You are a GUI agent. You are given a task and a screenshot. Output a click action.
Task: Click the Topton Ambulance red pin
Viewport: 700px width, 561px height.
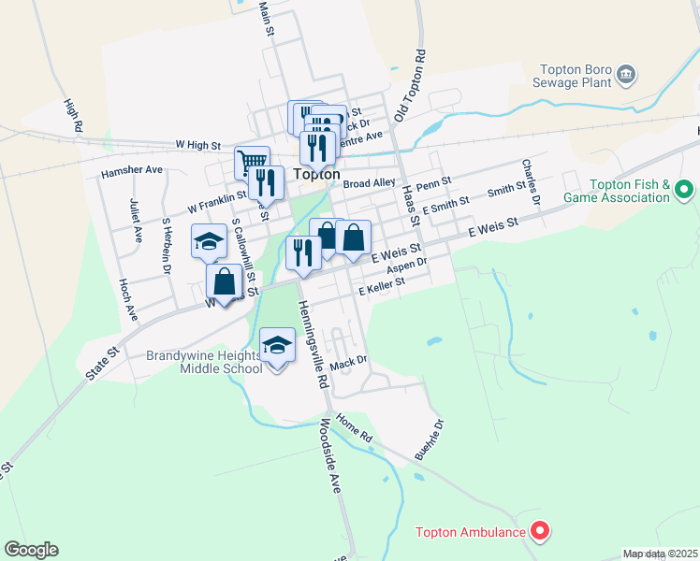[539, 532]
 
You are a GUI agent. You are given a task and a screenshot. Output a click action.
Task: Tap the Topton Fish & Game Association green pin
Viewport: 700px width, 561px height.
[684, 191]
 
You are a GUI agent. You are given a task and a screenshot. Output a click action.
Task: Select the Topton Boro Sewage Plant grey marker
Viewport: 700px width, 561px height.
[627, 74]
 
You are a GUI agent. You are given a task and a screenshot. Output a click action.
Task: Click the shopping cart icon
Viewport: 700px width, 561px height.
[252, 163]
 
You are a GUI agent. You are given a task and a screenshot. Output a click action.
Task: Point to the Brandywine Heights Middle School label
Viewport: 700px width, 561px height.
[204, 362]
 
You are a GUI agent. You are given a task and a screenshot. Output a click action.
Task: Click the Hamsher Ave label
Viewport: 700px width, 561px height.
[132, 170]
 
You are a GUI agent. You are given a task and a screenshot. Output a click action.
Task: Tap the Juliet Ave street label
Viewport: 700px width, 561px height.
[136, 221]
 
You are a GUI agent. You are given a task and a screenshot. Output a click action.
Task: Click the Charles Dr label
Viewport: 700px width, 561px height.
[532, 181]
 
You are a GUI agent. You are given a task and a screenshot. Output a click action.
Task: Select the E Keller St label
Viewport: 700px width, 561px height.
[382, 286]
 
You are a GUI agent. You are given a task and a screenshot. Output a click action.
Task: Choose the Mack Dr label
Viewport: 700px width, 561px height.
[347, 360]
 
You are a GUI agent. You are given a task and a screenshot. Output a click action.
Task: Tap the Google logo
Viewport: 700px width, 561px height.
[31, 550]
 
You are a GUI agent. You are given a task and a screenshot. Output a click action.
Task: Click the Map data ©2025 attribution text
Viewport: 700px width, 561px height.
[660, 554]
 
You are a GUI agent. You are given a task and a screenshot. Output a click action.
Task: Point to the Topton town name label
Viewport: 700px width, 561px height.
[315, 174]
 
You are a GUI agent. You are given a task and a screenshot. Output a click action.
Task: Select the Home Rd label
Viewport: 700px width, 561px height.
[355, 429]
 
